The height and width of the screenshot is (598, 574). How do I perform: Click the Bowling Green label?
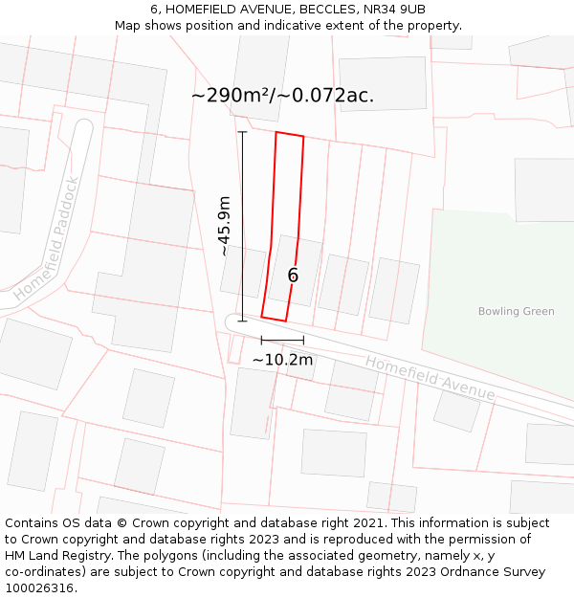(x=516, y=312)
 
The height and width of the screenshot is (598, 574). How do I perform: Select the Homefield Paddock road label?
(x=48, y=238)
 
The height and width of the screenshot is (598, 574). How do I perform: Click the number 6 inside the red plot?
(x=293, y=276)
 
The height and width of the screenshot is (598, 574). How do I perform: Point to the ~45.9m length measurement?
(x=224, y=226)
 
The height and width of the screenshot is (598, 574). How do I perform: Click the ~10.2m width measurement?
(x=282, y=360)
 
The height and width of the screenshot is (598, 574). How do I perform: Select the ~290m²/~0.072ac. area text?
(x=282, y=96)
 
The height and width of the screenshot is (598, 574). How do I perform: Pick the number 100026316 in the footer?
(x=39, y=588)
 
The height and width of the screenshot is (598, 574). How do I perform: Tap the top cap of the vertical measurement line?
(x=242, y=131)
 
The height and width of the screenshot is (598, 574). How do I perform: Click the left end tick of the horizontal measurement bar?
(x=261, y=340)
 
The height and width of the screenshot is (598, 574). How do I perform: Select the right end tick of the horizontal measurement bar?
(x=303, y=340)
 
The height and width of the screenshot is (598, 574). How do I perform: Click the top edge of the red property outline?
(x=290, y=134)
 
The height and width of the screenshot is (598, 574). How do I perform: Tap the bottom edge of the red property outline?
(x=274, y=319)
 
